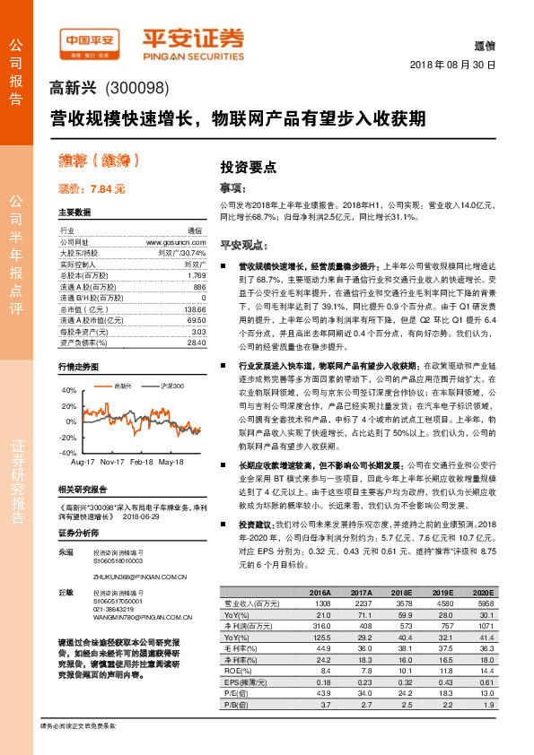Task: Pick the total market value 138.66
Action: tap(192, 308)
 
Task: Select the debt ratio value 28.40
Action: tap(196, 342)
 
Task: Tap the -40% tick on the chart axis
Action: tap(67, 453)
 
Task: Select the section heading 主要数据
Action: tap(74, 213)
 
